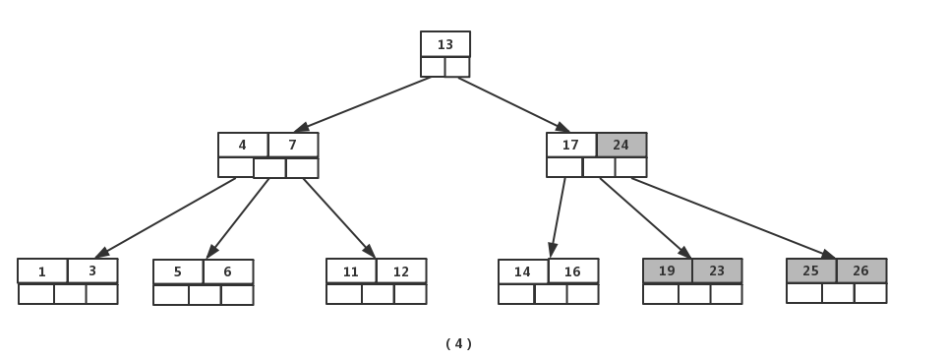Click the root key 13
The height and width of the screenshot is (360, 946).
[x=445, y=44]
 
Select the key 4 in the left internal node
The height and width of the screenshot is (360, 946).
[x=243, y=145]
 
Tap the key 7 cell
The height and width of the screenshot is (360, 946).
[x=293, y=145]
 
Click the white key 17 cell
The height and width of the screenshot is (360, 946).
[x=571, y=145]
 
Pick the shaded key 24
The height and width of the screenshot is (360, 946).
[x=621, y=145]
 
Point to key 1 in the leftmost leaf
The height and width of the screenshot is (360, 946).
[x=42, y=271]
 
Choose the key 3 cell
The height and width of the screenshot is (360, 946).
[x=92, y=270]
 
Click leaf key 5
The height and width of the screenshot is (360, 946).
[x=178, y=271]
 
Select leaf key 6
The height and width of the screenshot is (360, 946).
[x=228, y=271]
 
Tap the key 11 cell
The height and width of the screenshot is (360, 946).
[x=351, y=271]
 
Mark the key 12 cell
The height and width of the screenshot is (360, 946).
[x=401, y=271]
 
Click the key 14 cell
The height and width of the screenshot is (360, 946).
[x=523, y=271]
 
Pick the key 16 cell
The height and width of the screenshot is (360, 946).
[x=573, y=271]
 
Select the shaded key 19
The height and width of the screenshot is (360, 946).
[x=668, y=270]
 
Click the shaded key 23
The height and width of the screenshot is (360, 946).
[x=717, y=270]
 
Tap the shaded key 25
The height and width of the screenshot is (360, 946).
[x=811, y=270]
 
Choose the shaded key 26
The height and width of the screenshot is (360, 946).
[x=861, y=270]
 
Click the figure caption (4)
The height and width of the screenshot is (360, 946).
[x=458, y=343]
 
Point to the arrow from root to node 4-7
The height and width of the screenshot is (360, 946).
[x=364, y=103]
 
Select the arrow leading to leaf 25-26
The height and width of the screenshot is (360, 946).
[x=733, y=217]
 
